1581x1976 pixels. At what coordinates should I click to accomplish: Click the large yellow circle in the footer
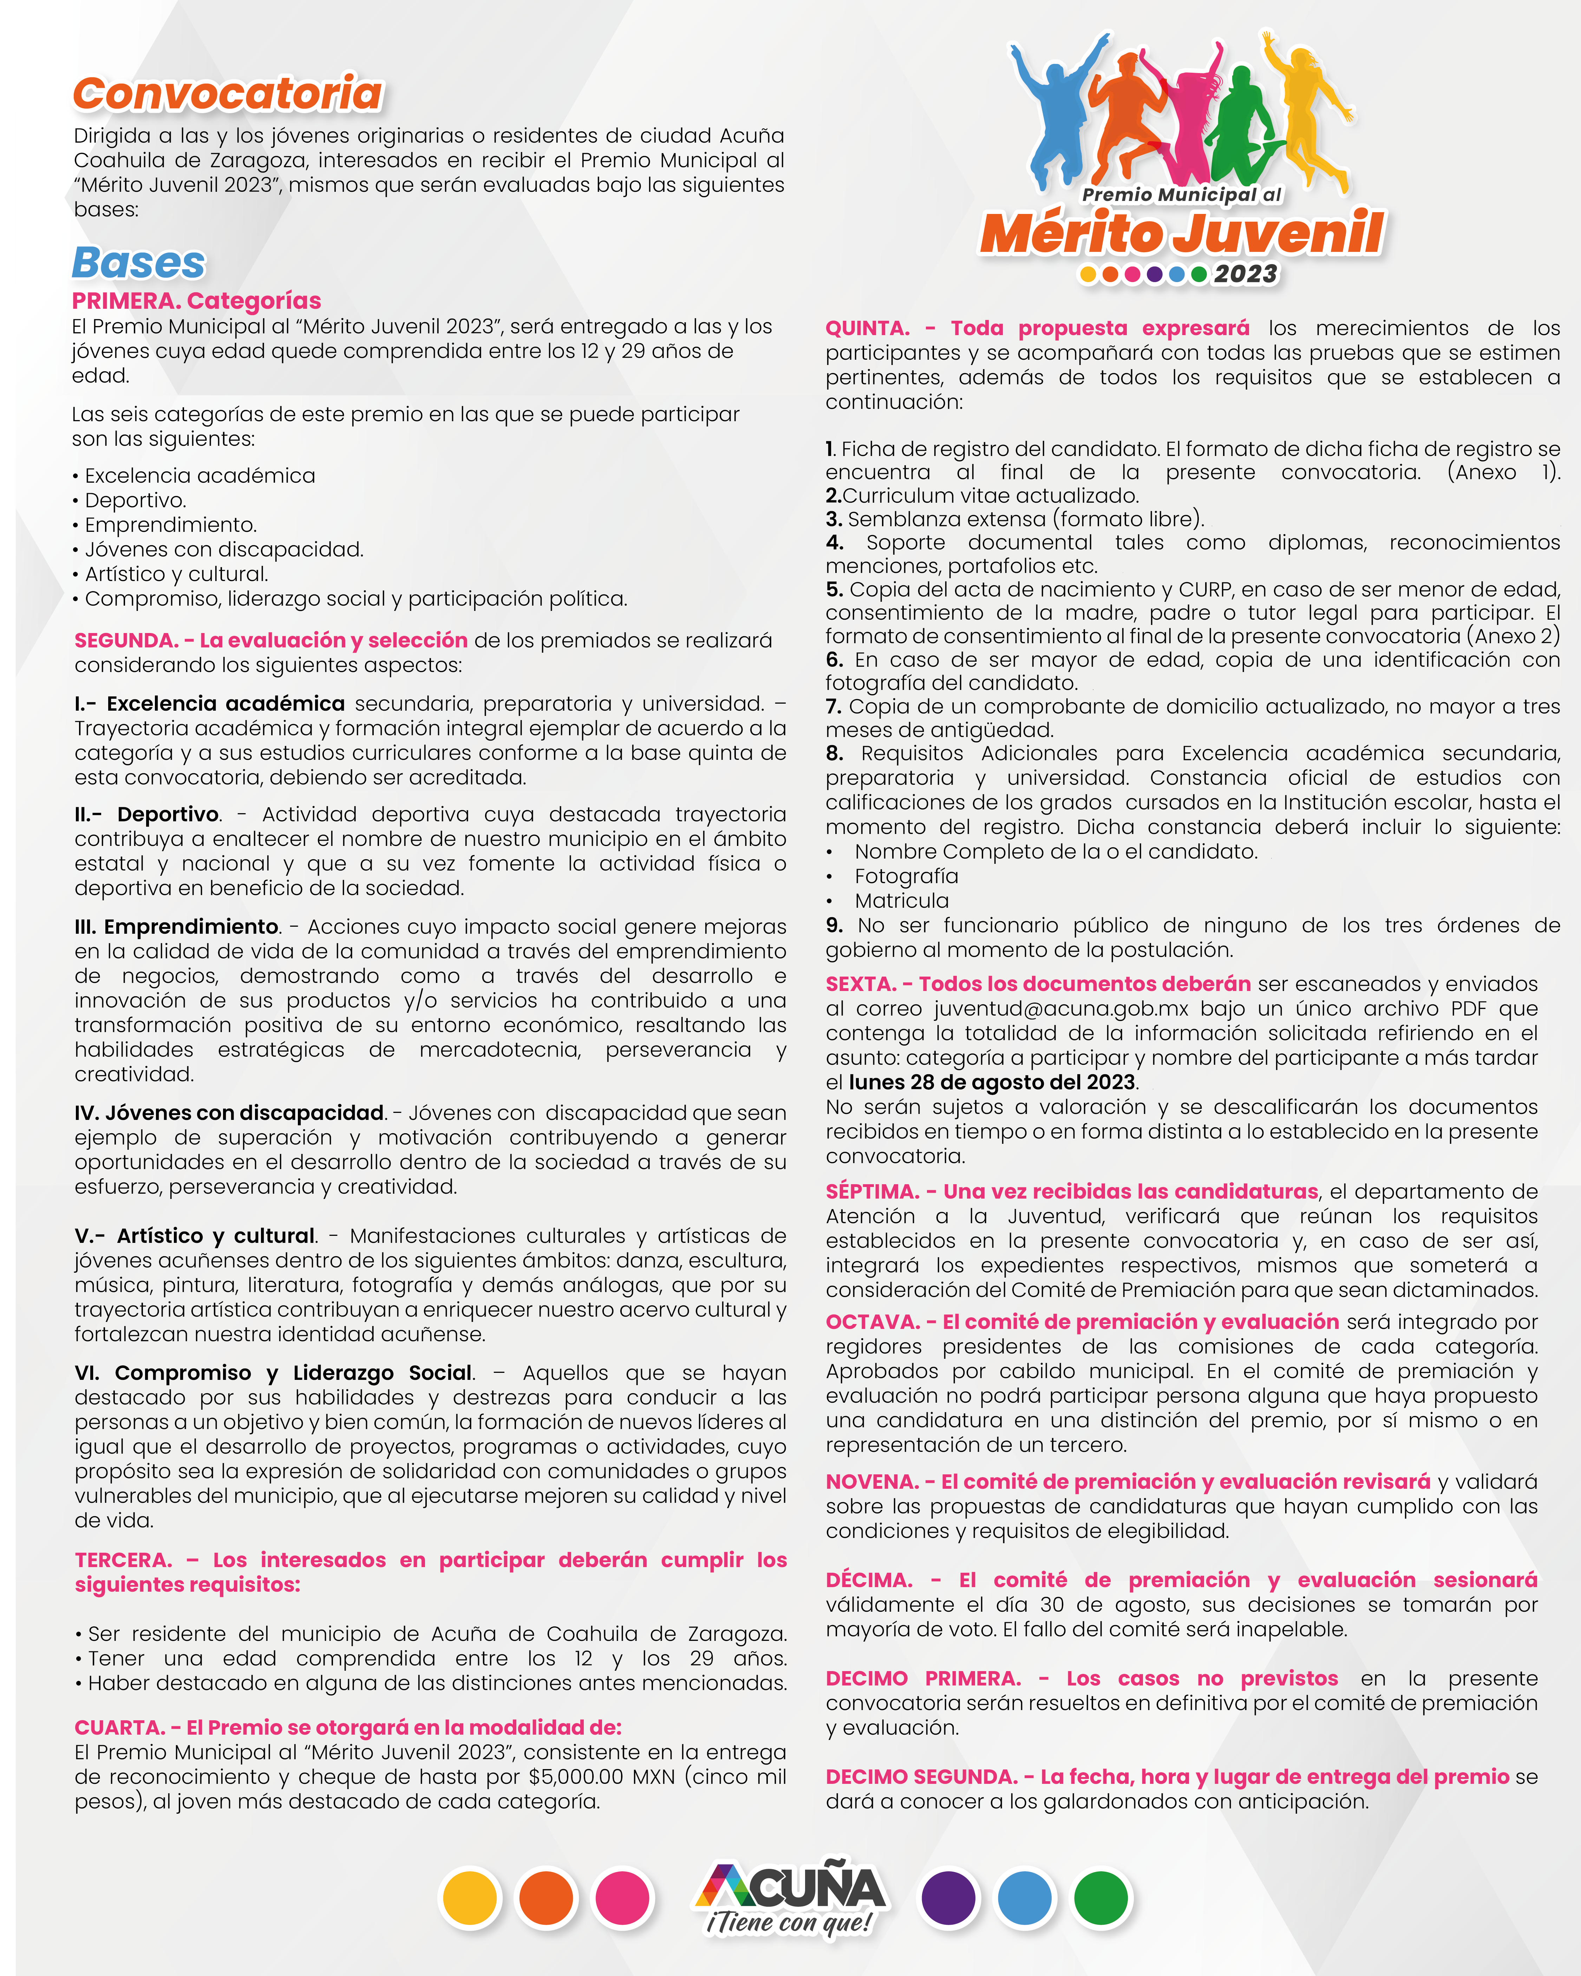pos(470,1897)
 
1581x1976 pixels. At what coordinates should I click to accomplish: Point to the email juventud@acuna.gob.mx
pos(1060,1009)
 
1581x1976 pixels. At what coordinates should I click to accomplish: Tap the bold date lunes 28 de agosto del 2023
pos(992,1082)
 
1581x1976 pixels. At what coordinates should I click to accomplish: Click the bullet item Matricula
pos(902,901)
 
